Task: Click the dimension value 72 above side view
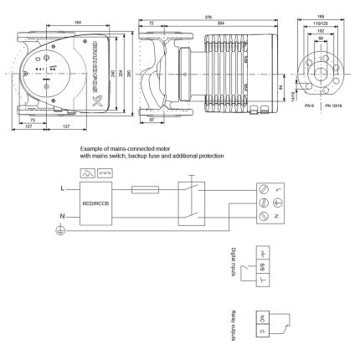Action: coord(151,23)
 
